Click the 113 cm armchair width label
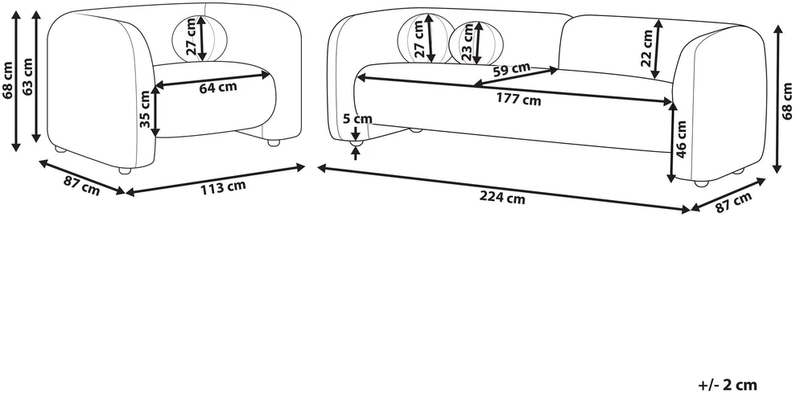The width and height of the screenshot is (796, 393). (223, 187)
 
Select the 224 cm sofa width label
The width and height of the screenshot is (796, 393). (502, 199)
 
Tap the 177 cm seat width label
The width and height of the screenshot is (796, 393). (518, 100)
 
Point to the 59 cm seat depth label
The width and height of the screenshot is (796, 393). (511, 68)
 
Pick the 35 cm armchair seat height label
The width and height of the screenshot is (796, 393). (144, 108)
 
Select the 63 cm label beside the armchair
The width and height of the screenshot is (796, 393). (27, 76)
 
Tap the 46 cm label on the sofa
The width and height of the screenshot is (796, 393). (682, 139)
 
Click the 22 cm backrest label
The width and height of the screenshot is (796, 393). (646, 48)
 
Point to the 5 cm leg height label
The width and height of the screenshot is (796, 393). (357, 119)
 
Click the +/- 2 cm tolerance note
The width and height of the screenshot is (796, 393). (728, 384)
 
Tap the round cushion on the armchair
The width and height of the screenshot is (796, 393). (199, 38)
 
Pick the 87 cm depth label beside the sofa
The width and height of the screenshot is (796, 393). (733, 203)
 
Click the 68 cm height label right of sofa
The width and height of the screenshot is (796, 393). (787, 100)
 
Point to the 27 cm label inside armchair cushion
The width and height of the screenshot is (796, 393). (191, 37)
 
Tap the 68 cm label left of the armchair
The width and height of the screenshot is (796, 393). (7, 80)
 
